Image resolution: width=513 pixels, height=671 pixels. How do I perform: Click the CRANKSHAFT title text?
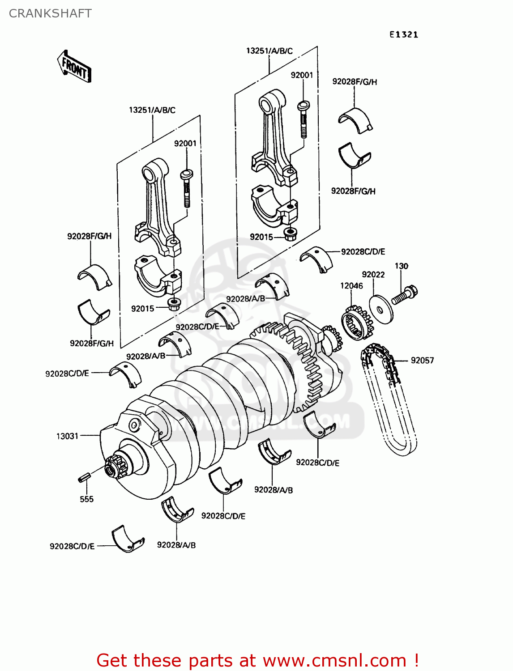[x=50, y=13]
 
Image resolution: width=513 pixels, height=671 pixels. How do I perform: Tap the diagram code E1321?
[x=403, y=34]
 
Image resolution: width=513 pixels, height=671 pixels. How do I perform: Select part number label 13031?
[x=67, y=436]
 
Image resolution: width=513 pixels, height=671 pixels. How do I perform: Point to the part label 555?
[x=86, y=499]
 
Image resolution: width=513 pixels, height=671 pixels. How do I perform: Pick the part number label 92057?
[x=422, y=360]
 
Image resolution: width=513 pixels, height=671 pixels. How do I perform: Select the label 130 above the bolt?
[x=401, y=266]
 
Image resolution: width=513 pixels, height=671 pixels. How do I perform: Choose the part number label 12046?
[x=351, y=285]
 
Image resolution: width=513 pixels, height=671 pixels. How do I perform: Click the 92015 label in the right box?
[x=261, y=237]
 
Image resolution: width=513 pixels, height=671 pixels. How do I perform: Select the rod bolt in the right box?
[x=303, y=119]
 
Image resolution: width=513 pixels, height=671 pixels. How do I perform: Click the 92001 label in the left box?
[x=185, y=143]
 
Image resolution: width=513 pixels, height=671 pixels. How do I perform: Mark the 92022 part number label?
[x=373, y=274]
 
